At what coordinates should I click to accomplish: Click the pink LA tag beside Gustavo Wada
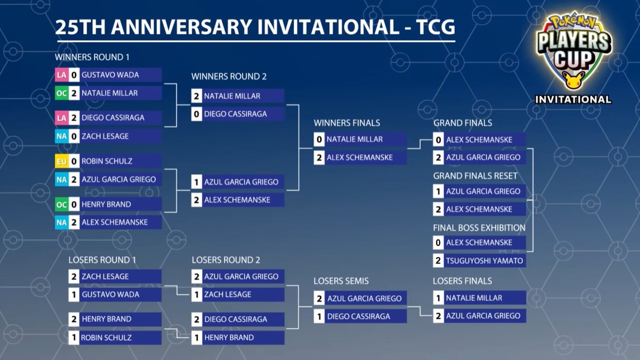(x=61, y=75)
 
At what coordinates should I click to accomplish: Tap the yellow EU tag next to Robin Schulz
(x=61, y=161)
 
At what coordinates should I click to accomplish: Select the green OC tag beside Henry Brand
(x=61, y=204)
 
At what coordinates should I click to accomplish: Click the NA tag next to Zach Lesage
(x=61, y=136)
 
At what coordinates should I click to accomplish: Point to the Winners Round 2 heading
(x=229, y=77)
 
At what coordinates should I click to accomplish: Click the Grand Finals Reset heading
(x=475, y=176)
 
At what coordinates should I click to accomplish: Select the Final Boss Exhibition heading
(x=479, y=228)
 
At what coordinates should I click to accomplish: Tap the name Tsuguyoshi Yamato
(x=485, y=261)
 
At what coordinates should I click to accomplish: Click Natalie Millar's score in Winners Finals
(x=319, y=139)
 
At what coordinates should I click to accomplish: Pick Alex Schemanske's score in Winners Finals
(x=319, y=157)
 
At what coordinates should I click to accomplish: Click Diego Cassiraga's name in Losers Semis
(x=359, y=316)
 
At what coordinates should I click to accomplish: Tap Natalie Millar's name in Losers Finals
(x=474, y=298)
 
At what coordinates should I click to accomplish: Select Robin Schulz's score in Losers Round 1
(x=74, y=337)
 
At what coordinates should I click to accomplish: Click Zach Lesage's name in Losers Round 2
(x=227, y=294)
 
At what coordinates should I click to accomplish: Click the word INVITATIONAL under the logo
(x=573, y=99)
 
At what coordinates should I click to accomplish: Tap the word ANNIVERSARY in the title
(x=182, y=27)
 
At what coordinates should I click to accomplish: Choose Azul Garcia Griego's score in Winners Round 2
(x=197, y=182)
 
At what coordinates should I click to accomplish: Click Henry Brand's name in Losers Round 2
(x=229, y=337)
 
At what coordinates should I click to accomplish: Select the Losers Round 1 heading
(x=102, y=260)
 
